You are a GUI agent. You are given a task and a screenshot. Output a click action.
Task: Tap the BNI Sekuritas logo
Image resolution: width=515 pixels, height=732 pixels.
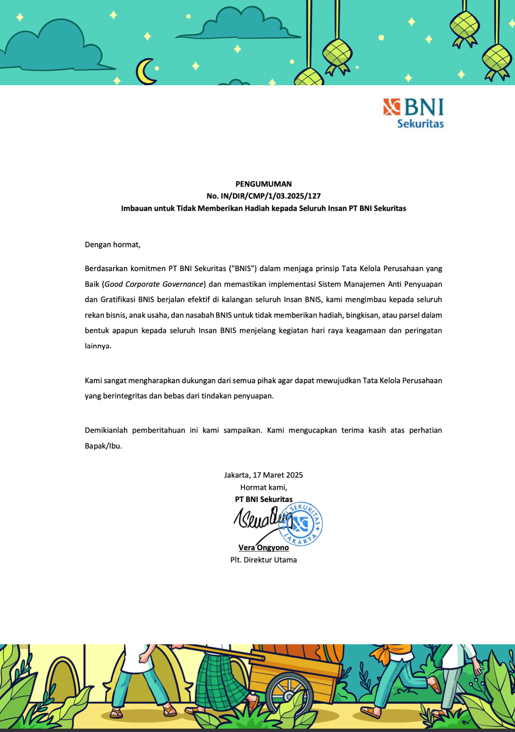(414, 112)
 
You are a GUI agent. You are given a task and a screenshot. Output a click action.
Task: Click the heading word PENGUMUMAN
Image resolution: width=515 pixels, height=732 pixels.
(263, 184)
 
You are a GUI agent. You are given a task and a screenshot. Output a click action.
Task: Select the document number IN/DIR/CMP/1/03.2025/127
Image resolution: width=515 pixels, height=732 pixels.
(271, 196)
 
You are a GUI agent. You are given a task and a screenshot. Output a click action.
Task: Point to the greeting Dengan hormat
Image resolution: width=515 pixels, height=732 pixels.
(112, 245)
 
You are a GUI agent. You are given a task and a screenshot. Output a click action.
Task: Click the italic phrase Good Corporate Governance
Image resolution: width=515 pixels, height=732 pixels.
(154, 284)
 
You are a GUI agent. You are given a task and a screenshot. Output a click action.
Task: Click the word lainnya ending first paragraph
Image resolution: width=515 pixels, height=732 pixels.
(97, 346)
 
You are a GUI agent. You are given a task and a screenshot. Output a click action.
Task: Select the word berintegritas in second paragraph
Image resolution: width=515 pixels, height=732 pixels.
(125, 396)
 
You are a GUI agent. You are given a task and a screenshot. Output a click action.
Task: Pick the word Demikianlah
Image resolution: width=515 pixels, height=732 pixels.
(106, 430)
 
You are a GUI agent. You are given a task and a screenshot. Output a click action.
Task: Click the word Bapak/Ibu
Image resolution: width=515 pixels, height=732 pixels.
(103, 446)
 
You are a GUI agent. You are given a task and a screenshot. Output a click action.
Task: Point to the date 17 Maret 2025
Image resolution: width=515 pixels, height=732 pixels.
(278, 475)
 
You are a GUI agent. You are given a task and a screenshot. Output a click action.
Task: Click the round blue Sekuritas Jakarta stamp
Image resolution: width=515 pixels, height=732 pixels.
(301, 524)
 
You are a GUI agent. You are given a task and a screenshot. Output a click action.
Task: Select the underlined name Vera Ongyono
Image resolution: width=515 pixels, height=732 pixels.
(263, 547)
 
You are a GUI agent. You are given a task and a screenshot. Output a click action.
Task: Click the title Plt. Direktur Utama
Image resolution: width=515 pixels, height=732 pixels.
(263, 560)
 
